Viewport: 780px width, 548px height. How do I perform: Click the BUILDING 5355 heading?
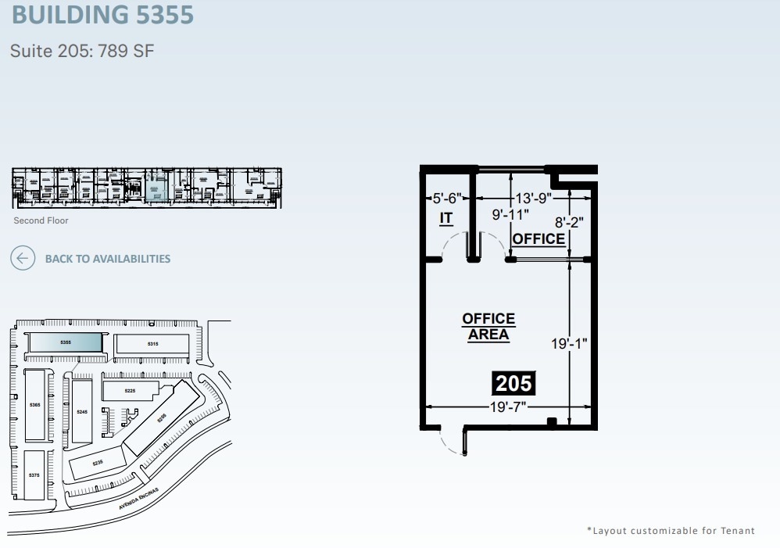point(102,14)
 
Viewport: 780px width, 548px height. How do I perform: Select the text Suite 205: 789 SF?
point(82,52)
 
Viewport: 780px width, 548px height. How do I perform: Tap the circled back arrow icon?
point(23,258)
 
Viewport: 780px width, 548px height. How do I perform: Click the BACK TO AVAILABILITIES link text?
point(107,259)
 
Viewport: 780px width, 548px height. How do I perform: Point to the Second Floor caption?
point(41,220)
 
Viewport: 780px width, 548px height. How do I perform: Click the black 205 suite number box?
point(513,383)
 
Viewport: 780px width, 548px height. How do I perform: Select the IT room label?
point(445,218)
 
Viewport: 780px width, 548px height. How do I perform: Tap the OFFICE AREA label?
point(488,327)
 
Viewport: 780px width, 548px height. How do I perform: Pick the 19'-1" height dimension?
point(569,342)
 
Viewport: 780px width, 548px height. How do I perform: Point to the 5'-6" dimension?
point(447,199)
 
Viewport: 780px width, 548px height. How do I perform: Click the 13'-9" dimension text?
point(534,199)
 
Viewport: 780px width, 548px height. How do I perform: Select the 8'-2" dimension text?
point(569,222)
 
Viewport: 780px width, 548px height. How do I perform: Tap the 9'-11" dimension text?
point(510,213)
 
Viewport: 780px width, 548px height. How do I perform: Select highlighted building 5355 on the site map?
point(66,342)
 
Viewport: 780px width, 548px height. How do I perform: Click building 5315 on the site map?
point(152,344)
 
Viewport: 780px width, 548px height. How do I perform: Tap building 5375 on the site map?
point(34,475)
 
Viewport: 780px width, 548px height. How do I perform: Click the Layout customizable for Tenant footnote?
point(671,531)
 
